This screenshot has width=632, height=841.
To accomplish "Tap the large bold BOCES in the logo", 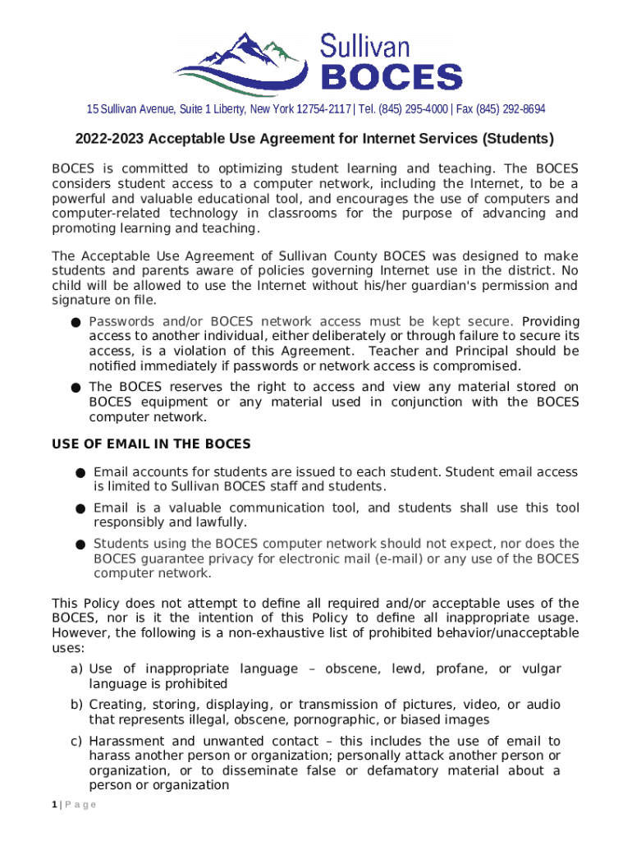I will coord(390,76).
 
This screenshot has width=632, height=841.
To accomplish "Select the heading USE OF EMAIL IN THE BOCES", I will coord(151,444).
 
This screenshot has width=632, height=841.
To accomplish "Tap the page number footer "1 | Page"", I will coord(74,804).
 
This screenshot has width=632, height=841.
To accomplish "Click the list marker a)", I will coord(76,669).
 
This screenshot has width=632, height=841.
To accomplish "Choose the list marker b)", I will coord(76,705).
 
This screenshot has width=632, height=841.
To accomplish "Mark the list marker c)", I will coord(76,742).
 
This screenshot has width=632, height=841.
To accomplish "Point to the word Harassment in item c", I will coord(128,742).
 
